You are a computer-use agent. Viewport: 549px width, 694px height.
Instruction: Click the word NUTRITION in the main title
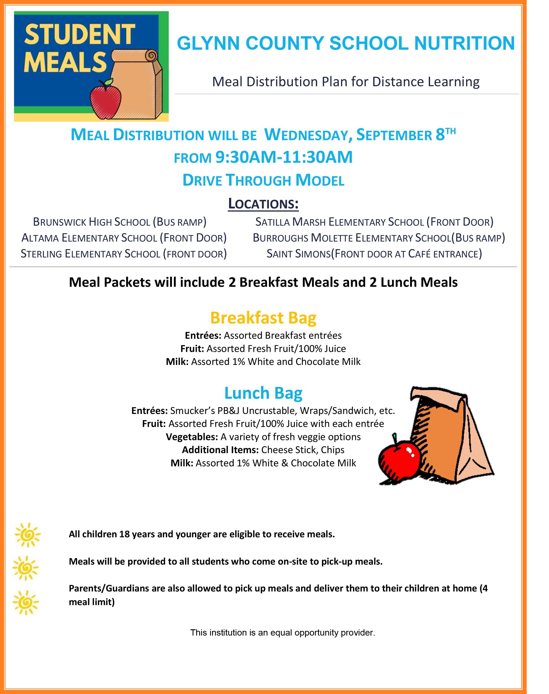pyautogui.click(x=465, y=43)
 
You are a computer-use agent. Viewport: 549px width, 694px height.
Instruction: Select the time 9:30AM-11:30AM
pyautogui.click(x=284, y=157)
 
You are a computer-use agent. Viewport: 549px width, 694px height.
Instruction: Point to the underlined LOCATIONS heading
pyautogui.click(x=263, y=203)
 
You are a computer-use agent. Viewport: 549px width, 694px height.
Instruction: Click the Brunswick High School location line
pyautogui.click(x=120, y=222)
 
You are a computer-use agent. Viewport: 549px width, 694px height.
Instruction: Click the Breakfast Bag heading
pyautogui.click(x=263, y=318)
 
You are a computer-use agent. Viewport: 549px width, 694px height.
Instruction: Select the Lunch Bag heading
pyautogui.click(x=263, y=393)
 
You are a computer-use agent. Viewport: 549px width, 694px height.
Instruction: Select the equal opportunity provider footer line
pyautogui.click(x=283, y=632)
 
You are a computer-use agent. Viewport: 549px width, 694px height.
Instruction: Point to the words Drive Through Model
pyautogui.click(x=263, y=180)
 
